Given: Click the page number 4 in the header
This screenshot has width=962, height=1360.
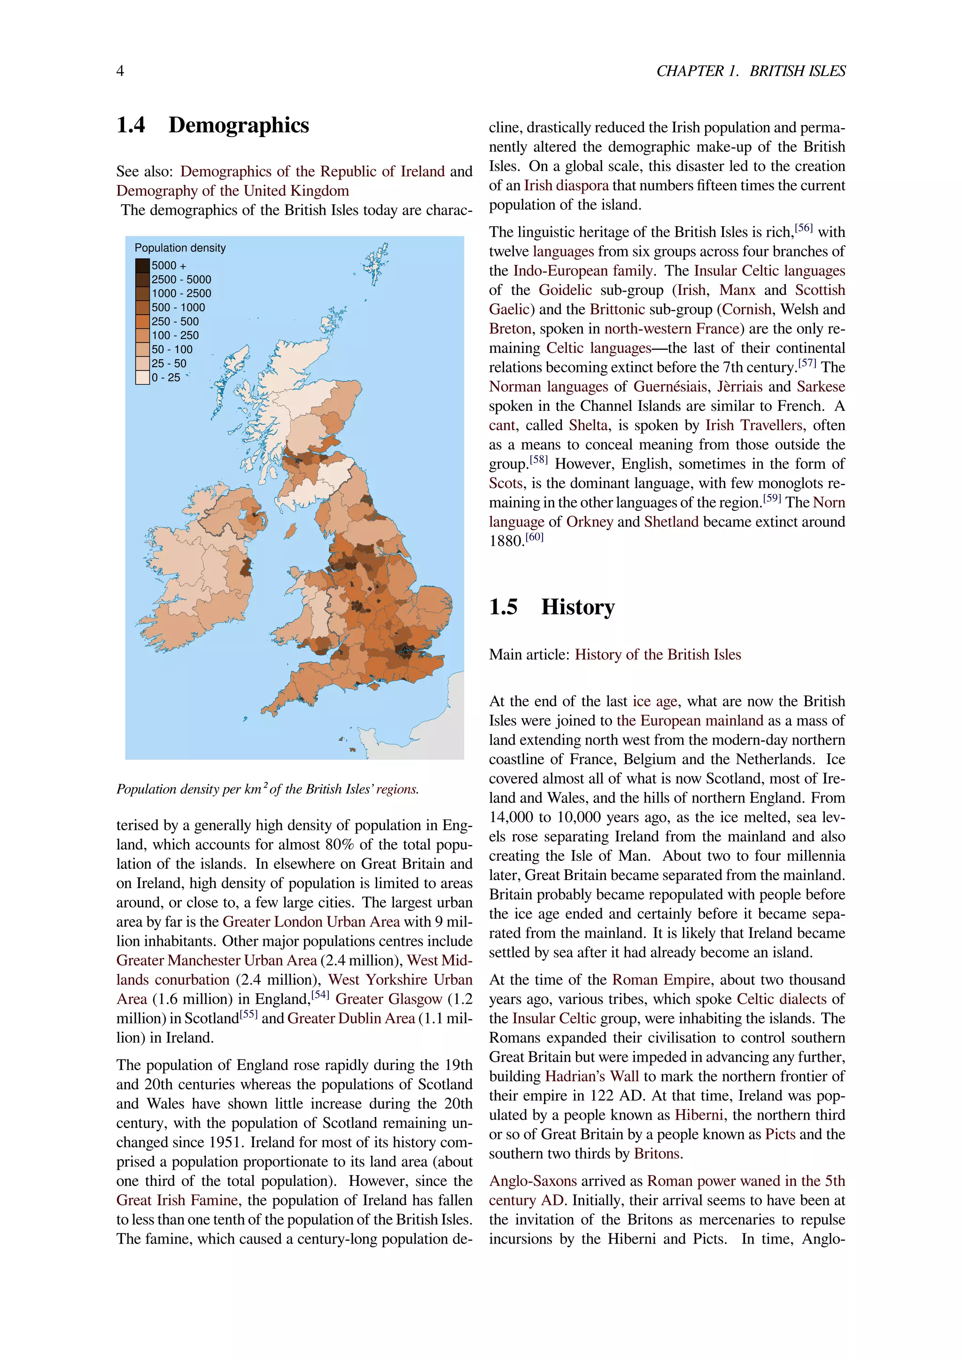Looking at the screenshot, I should (x=120, y=71).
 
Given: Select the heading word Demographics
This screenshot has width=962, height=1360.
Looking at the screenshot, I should (x=238, y=125).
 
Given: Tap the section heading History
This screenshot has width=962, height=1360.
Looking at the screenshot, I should (x=578, y=607).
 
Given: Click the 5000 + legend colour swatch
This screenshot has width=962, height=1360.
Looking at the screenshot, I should (x=142, y=265).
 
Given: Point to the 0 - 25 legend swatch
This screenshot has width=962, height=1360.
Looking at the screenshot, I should (x=142, y=377).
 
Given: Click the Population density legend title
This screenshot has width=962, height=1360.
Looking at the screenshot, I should (x=179, y=247).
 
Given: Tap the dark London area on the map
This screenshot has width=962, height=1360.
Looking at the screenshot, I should (x=406, y=650).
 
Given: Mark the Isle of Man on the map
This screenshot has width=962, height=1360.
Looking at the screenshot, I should (x=290, y=530).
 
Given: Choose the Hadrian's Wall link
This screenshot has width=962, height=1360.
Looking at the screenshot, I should (x=592, y=1076).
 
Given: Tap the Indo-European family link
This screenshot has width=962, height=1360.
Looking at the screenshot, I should (x=583, y=270).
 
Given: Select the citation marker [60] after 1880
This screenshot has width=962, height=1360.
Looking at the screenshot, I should (x=534, y=537).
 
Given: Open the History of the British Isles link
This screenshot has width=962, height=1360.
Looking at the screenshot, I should (x=658, y=655).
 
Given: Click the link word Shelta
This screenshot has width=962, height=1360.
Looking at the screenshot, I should (x=588, y=425).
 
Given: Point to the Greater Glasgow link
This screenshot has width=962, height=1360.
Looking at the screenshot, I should (x=388, y=999).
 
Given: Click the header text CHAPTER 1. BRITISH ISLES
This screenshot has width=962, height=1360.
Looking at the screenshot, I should (x=751, y=71).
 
